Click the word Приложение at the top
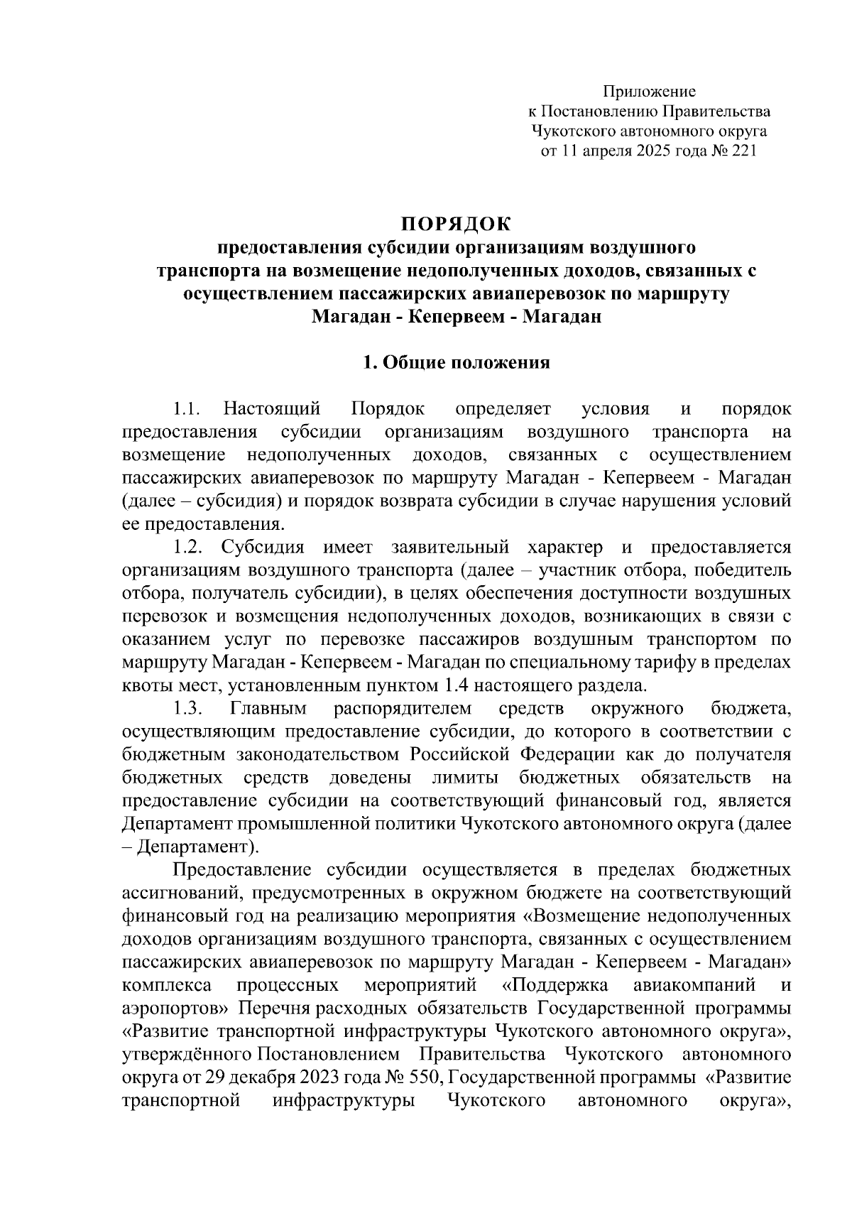(649, 91)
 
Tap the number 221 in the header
(740, 151)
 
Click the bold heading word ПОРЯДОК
(456, 224)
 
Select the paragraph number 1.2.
(188, 548)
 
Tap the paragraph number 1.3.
(188, 708)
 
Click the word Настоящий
(272, 409)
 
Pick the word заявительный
(450, 548)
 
